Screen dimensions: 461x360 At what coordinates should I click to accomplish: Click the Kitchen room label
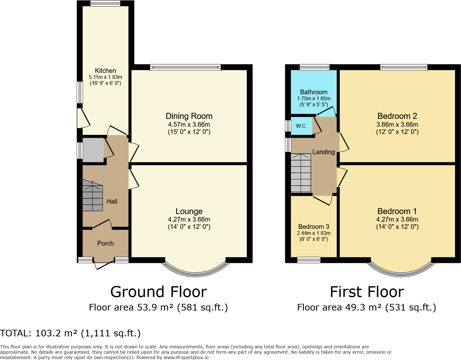pyautogui.click(x=105, y=71)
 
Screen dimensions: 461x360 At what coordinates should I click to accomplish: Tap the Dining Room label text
pyautogui.click(x=189, y=116)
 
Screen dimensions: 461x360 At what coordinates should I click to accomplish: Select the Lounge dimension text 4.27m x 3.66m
pyautogui.click(x=189, y=219)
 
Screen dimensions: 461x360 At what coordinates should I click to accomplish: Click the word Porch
pyautogui.click(x=105, y=243)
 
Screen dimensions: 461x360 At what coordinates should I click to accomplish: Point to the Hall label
pyautogui.click(x=112, y=201)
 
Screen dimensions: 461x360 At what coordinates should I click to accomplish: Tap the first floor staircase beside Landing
pyautogui.click(x=301, y=173)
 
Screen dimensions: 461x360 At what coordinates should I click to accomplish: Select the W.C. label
pyautogui.click(x=301, y=126)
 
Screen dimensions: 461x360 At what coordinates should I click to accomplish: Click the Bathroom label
pyautogui.click(x=314, y=92)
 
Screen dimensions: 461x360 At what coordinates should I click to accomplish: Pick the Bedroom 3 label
pyautogui.click(x=314, y=227)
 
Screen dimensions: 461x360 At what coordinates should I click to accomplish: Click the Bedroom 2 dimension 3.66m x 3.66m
pyautogui.click(x=397, y=125)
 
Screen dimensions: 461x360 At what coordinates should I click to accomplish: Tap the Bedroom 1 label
pyautogui.click(x=397, y=211)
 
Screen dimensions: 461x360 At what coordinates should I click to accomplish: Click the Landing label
pyautogui.click(x=323, y=152)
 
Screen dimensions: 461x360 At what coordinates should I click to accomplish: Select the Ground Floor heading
pyautogui.click(x=158, y=292)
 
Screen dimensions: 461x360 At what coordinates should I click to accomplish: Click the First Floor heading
pyautogui.click(x=367, y=292)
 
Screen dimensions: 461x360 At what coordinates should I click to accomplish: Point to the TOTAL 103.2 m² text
pyautogui.click(x=70, y=333)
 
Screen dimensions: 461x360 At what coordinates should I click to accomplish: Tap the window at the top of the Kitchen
pyautogui.click(x=105, y=3)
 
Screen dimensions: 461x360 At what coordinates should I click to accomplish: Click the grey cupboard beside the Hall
pyautogui.click(x=93, y=150)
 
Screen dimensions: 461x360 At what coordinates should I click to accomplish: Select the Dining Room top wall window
pyautogui.click(x=185, y=67)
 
